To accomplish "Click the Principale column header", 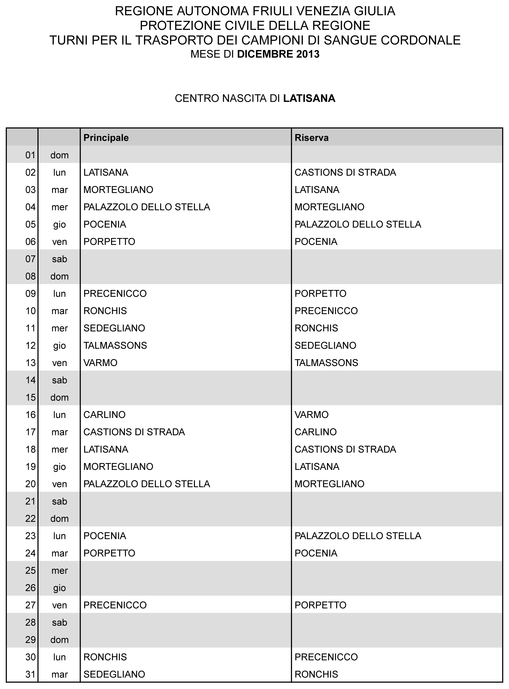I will (x=106, y=138).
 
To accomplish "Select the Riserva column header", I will (x=312, y=138).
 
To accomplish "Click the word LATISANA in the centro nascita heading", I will (x=309, y=98).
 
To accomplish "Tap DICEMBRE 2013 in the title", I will (x=278, y=54).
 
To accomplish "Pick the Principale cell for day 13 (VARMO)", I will (x=100, y=363).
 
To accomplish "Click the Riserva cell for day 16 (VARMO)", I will (x=312, y=415).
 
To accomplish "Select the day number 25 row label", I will (x=30, y=570).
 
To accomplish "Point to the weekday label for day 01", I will (x=60, y=155).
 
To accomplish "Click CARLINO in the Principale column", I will (x=104, y=415).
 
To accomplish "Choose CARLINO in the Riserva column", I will (x=316, y=432).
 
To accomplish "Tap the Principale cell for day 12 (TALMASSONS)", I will (x=115, y=346).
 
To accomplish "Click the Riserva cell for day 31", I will (x=316, y=674).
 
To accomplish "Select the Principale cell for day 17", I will (x=134, y=432).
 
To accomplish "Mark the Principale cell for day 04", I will (x=147, y=207).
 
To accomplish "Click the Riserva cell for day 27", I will (x=320, y=605).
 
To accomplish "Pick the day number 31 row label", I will (x=30, y=674).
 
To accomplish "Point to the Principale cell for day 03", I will (x=118, y=190).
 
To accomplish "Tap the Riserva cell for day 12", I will (x=325, y=346).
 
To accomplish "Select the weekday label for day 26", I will (x=60, y=588).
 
